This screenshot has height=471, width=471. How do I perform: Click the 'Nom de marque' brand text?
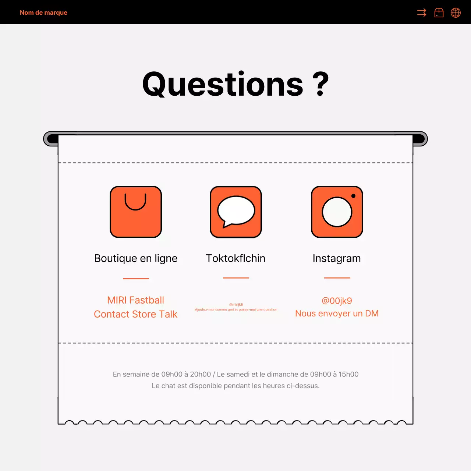43,13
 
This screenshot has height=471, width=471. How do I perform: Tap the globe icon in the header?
456,13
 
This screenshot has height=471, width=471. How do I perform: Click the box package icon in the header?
439,13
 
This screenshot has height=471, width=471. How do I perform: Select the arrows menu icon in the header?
421,13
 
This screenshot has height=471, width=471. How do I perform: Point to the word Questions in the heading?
223,84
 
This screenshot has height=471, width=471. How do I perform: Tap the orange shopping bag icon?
136,212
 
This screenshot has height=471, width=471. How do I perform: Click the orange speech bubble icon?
236,212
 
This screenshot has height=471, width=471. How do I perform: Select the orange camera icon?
337,212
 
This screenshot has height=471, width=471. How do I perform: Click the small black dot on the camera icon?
353,196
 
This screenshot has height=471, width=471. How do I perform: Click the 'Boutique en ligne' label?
136,258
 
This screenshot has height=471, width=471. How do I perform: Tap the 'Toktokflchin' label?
235,258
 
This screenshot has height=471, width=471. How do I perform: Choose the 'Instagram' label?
337,258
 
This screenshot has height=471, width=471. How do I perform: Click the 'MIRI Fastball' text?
136,300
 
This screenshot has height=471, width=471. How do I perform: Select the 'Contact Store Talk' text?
136,314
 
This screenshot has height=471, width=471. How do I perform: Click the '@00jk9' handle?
337,301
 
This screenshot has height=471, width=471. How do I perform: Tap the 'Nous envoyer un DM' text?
337,314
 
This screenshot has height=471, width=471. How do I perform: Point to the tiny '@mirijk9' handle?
236,305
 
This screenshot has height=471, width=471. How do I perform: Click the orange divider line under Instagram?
337,278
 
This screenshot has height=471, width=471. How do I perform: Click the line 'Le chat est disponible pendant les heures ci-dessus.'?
235,386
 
